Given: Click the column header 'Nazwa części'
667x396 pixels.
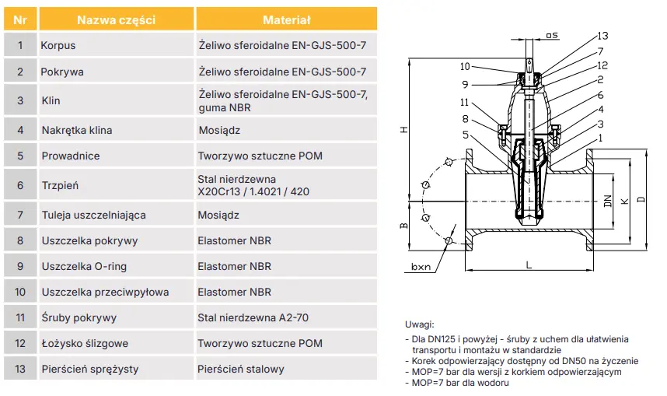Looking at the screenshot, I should [116, 19].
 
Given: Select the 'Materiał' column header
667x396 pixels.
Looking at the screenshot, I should [286, 19].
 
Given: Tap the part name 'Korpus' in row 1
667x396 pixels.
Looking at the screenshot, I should [58, 46].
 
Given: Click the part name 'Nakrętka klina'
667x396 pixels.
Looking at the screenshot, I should [76, 130].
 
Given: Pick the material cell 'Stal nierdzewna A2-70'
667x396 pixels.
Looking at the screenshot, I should [253, 317].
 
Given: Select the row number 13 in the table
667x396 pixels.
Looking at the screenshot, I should [20, 369].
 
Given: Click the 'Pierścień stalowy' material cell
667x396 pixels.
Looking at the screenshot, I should [240, 369].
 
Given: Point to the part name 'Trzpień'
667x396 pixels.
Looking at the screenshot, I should [60, 186].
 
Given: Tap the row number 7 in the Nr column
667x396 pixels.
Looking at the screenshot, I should [20, 214].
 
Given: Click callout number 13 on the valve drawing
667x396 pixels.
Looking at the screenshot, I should [603, 36].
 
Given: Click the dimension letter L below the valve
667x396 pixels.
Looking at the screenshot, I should [528, 265].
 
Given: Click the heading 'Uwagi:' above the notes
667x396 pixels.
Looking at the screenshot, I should [420, 324].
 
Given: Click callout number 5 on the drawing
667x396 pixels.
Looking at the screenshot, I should [465, 135].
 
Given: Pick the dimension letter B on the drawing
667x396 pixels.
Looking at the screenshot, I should [403, 226].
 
